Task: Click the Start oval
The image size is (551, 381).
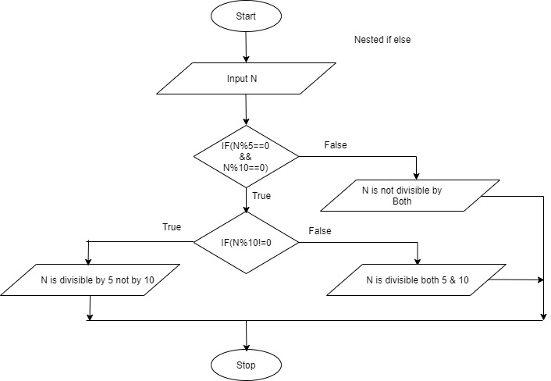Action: coord(246,16)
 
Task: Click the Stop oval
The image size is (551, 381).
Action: coord(246,365)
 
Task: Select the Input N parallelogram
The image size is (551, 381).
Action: coord(246,80)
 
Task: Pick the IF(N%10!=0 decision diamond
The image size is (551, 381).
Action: coord(246,241)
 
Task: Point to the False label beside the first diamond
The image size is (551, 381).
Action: coord(335,145)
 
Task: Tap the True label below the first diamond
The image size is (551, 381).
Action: coord(262,196)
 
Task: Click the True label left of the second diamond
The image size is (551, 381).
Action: coord(172,227)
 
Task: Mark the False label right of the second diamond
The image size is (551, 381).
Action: coord(320,231)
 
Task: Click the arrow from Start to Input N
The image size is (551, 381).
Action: coord(246,47)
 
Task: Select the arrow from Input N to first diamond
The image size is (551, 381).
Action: coord(246,109)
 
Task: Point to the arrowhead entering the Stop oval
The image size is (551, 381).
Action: coord(246,345)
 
